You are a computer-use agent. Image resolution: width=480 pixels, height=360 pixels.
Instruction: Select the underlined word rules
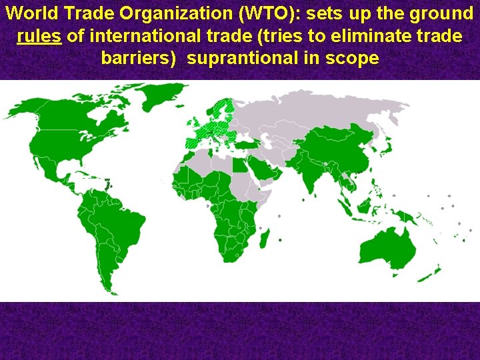pos(39,35)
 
